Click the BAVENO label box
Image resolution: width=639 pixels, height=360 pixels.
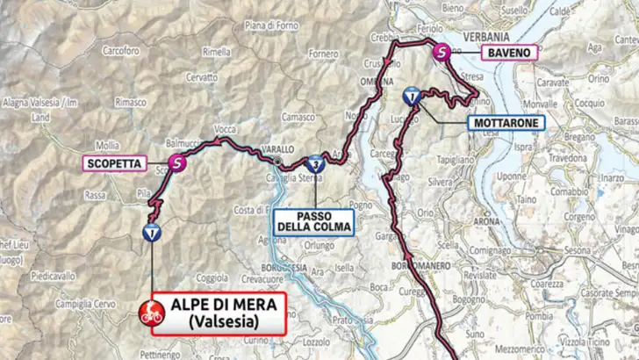509,53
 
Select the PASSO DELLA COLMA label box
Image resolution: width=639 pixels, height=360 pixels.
313,220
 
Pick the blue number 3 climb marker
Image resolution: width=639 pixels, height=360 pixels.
314,163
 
